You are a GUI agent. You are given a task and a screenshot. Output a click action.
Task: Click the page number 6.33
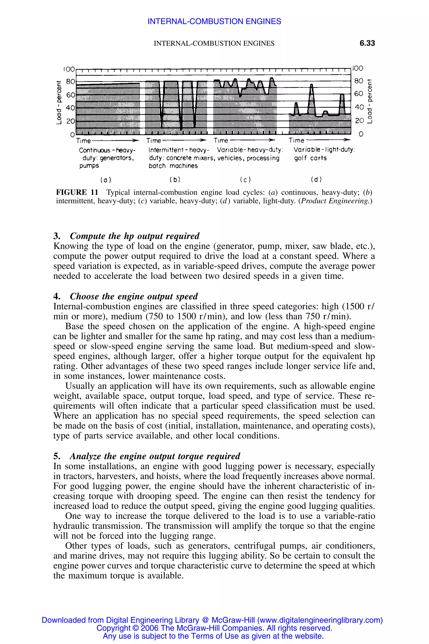(x=367, y=43)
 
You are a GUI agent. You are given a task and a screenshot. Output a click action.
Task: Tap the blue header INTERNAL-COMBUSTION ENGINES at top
(x=214, y=21)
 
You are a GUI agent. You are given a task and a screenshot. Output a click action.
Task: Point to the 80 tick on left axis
(x=70, y=82)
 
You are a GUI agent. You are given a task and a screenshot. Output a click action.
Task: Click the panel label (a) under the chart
(x=106, y=180)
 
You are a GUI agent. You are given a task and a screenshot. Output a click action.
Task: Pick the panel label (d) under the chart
(x=316, y=180)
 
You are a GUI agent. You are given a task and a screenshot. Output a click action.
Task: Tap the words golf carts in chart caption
(x=310, y=158)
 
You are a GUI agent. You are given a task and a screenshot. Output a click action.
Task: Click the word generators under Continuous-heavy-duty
(x=116, y=158)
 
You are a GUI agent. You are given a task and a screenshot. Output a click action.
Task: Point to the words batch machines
(x=173, y=166)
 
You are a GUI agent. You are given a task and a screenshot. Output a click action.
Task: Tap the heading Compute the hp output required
(x=135, y=236)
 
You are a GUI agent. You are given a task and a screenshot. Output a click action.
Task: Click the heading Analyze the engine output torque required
(x=155, y=456)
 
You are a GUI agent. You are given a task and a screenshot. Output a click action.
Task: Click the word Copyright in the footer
(x=114, y=628)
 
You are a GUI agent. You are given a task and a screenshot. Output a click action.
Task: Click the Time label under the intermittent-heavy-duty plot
(x=154, y=141)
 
